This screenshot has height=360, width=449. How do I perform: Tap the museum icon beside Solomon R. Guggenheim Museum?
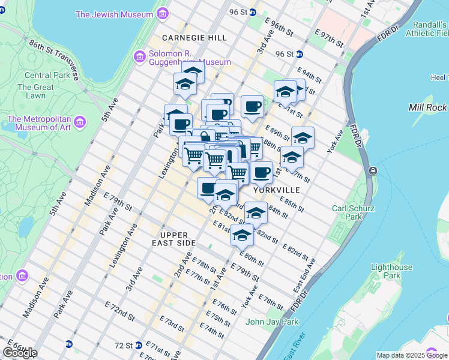[140, 57]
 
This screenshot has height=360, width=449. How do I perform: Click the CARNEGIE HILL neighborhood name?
[194, 38]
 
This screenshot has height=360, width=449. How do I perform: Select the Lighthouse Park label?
[392, 271]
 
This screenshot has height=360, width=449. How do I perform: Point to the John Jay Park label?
[272, 322]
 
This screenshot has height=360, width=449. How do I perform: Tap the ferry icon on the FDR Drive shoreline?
[373, 171]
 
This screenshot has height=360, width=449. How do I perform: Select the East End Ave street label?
[304, 276]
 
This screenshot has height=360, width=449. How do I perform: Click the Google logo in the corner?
[20, 353]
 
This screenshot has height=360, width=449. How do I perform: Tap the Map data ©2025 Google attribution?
[412, 355]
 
